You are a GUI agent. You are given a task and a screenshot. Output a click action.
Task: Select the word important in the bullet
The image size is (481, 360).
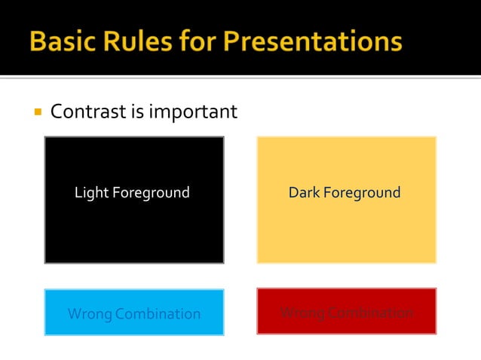coord(194,113)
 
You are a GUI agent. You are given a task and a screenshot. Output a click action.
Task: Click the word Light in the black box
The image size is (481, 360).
coord(91,193)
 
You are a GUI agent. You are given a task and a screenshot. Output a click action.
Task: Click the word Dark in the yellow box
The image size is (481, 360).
coord(304,193)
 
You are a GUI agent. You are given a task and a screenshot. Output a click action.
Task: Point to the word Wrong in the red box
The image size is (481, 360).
coord(302,313)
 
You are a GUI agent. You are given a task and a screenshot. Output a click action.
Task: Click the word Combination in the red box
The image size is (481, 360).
coord(370,313)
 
